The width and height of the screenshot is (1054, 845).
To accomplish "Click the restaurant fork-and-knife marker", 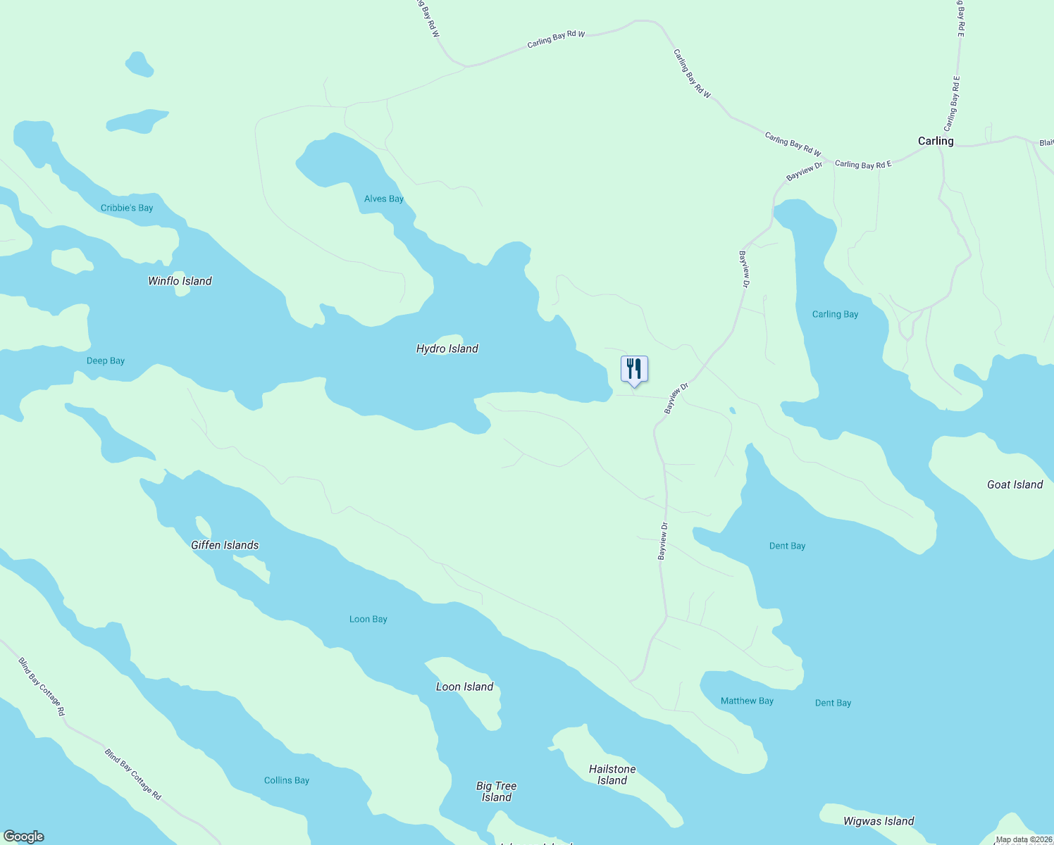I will [x=634, y=369].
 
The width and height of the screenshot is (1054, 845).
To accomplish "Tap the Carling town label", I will [x=936, y=141].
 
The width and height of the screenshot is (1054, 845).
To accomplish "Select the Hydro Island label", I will [x=447, y=349].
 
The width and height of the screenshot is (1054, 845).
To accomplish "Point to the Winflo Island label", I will [x=180, y=281].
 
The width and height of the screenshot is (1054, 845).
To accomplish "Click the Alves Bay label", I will [x=384, y=199].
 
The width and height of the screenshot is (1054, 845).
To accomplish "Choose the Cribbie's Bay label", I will [x=127, y=208].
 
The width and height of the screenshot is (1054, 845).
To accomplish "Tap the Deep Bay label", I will [x=106, y=361].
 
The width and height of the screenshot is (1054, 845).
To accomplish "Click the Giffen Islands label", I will [x=225, y=545].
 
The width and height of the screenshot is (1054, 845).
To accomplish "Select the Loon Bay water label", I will [x=368, y=619].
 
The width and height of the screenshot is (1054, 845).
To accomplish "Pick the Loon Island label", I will [x=464, y=687].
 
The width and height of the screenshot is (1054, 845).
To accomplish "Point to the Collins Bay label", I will [x=287, y=780].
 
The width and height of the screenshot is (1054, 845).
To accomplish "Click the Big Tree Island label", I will [x=497, y=791].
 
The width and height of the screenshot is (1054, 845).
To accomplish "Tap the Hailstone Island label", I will [x=612, y=775].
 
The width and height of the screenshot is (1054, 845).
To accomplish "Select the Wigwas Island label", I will [x=879, y=821].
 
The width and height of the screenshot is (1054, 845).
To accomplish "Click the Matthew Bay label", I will [x=747, y=701].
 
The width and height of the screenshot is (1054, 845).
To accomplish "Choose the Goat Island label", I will [x=1015, y=484].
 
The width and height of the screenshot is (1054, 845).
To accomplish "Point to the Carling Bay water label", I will [x=835, y=314].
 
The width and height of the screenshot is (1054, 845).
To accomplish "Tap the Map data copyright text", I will [x=1024, y=839].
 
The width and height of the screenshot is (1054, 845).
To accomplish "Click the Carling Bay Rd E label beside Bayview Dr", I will [x=863, y=164].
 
